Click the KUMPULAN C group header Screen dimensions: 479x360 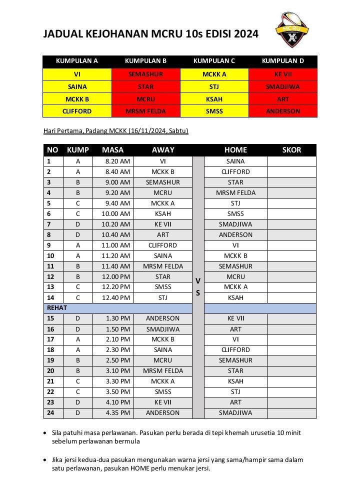(x=214, y=61)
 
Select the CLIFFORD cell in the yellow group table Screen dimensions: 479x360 (x=76, y=111)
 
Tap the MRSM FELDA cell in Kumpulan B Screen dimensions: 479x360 (x=145, y=111)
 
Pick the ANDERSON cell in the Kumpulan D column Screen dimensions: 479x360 (x=283, y=111)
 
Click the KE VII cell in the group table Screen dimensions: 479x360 (x=283, y=74)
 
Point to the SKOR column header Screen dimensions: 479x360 (x=291, y=150)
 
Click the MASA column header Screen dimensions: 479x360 (x=112, y=150)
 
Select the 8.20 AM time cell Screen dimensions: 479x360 (x=118, y=161)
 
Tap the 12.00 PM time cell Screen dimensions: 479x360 (x=117, y=276)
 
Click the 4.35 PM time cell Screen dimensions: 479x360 (x=118, y=413)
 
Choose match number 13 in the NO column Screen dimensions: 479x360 (x=49, y=287)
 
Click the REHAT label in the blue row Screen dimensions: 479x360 (x=57, y=308)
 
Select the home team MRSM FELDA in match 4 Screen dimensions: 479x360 (x=235, y=193)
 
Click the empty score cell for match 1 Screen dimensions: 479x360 (x=291, y=161)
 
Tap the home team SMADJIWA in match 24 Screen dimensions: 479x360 (x=235, y=413)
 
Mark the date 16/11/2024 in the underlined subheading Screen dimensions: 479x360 (x=145, y=131)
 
